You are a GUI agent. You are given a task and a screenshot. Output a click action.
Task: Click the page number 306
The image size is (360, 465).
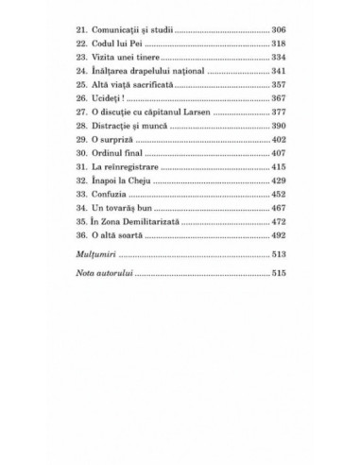coord(279,30)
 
